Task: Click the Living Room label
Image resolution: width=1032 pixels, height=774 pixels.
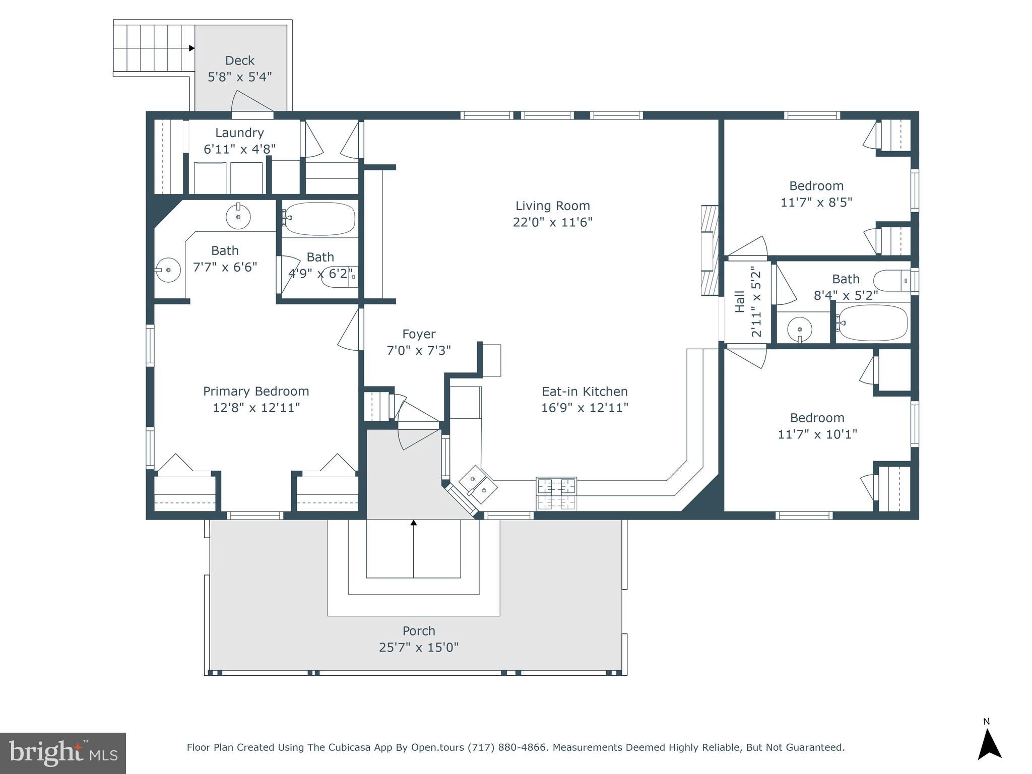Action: click(x=552, y=206)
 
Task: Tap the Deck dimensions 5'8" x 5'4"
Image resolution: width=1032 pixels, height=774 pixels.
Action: click(x=239, y=77)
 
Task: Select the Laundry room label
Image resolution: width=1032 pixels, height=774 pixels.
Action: click(x=239, y=133)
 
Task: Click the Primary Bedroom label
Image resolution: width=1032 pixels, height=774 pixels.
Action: click(x=256, y=391)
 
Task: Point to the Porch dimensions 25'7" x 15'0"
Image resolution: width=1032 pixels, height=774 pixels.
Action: click(x=419, y=648)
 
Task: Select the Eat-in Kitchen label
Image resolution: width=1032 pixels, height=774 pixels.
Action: click(x=585, y=392)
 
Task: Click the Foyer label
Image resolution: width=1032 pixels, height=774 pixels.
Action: click(x=419, y=334)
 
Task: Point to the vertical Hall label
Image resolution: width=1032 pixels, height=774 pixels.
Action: click(x=740, y=302)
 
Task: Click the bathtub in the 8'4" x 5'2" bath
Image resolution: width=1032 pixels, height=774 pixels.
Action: click(x=873, y=323)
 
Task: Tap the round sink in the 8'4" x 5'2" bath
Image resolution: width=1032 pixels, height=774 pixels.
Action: click(x=800, y=330)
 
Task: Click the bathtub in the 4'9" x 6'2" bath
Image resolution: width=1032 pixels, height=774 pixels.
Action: click(x=319, y=218)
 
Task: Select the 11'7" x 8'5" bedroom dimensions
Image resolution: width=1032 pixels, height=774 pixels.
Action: click(x=816, y=203)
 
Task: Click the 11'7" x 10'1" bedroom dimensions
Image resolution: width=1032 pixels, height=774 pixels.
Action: click(x=817, y=434)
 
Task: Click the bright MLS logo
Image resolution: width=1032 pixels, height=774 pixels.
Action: click(x=63, y=753)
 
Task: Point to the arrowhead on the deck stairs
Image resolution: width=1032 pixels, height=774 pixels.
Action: click(x=191, y=48)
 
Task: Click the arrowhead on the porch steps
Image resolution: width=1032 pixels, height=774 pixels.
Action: click(x=414, y=523)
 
